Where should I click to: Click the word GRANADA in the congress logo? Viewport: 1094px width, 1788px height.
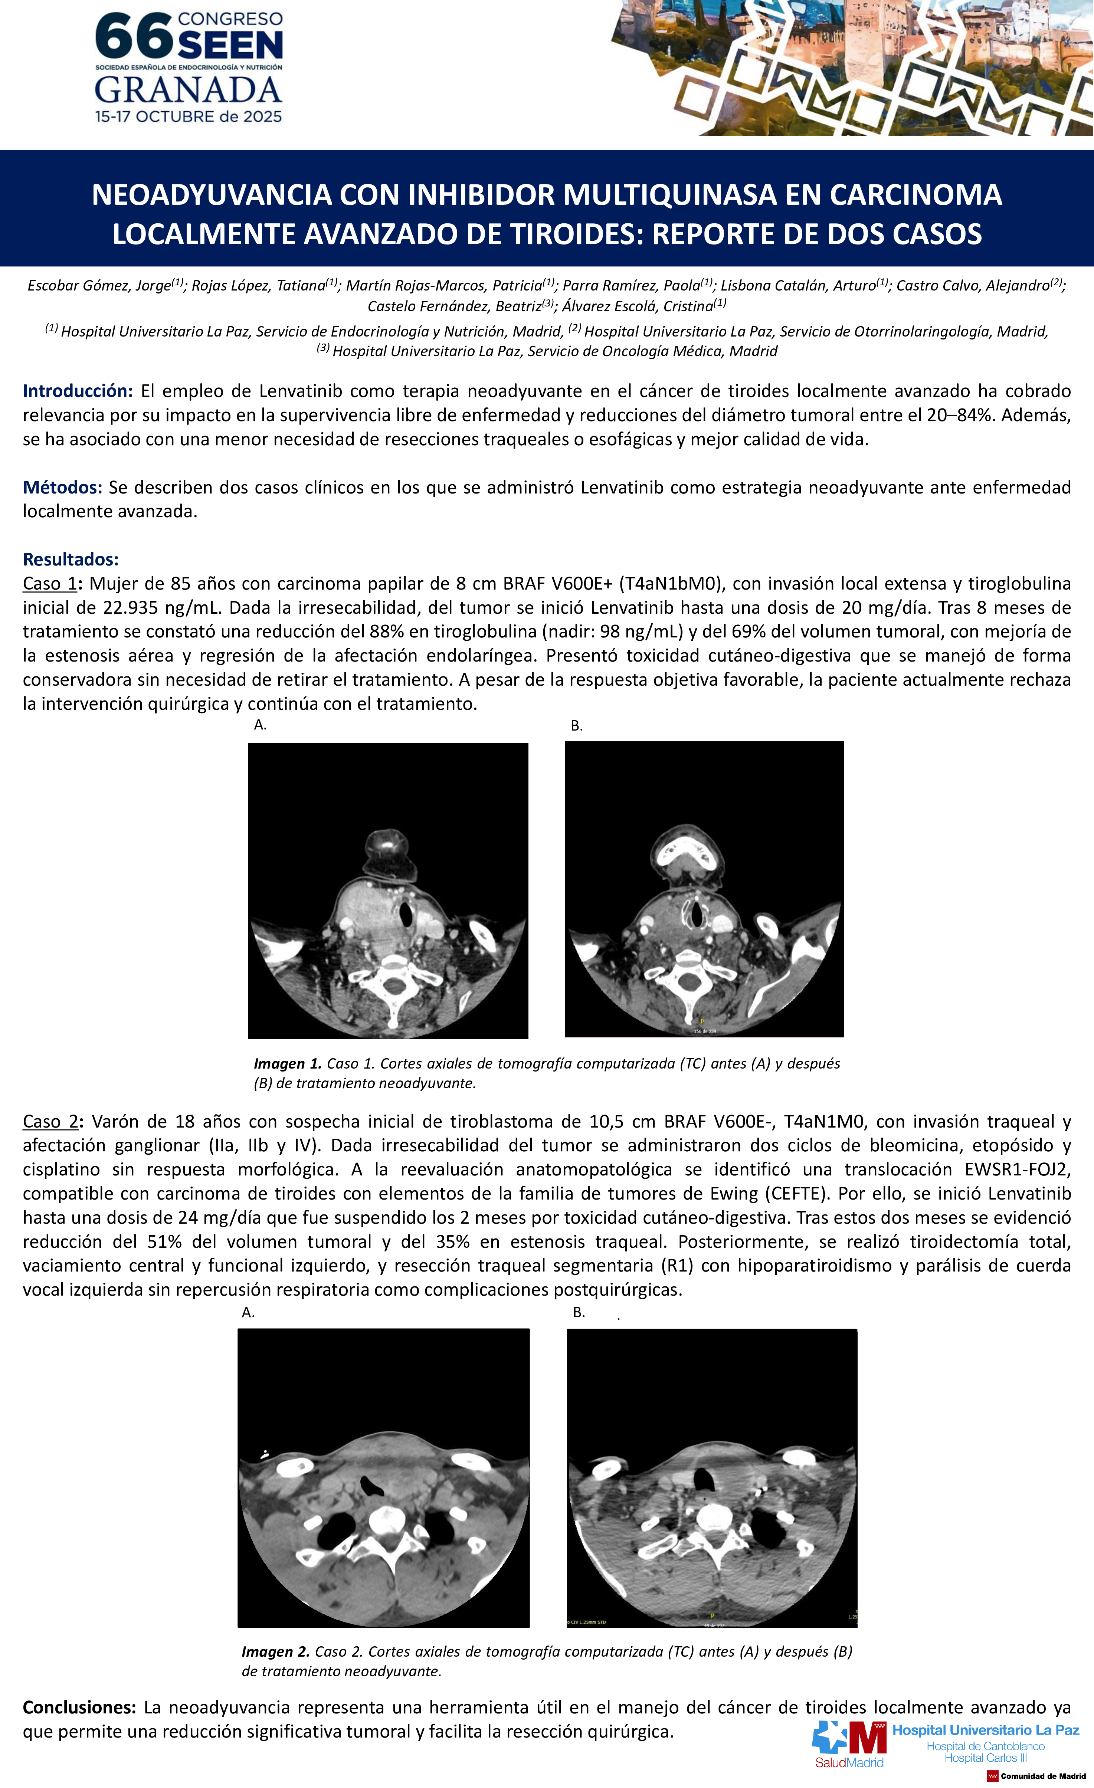click(188, 91)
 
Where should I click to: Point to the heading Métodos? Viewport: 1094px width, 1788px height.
click(62, 487)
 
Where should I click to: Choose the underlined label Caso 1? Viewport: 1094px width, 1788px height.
click(49, 583)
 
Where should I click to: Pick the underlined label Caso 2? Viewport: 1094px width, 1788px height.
click(49, 1121)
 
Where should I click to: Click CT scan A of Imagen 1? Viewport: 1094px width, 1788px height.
click(388, 890)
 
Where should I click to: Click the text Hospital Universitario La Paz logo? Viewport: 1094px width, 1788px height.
click(985, 1730)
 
